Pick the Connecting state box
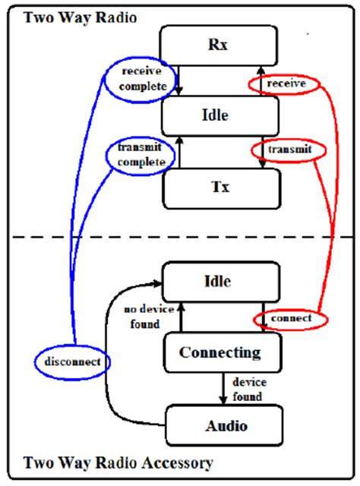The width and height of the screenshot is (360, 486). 219,353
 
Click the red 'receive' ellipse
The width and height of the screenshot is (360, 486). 286,81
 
